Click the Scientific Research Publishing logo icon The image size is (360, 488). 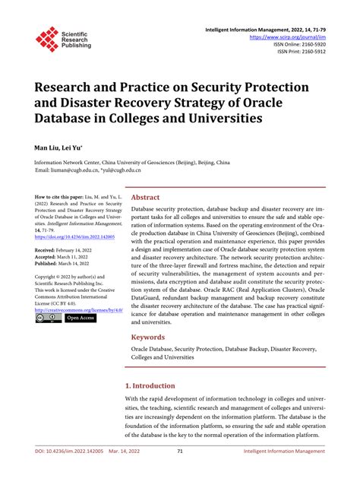(47, 39)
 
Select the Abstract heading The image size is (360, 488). (146, 197)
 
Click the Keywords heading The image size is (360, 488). (149, 336)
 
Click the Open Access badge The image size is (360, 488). (79, 318)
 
